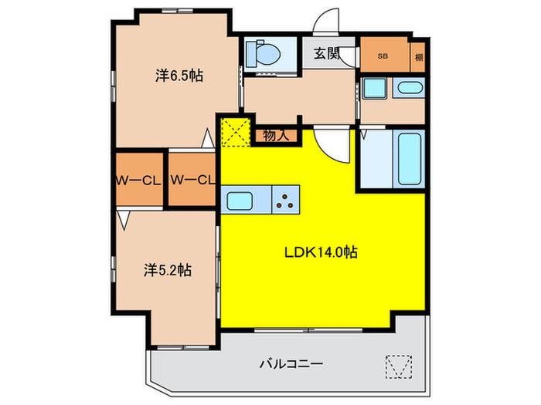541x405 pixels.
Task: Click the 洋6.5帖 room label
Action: click(179, 76)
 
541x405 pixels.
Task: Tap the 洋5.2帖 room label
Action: click(168, 270)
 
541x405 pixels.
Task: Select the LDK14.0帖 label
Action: click(321, 252)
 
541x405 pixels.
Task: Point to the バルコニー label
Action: click(291, 363)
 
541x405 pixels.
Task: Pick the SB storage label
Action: click(383, 56)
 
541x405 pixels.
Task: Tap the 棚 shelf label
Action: click(419, 58)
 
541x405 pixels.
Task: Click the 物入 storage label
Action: click(276, 136)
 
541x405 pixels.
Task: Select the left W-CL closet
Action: click(139, 180)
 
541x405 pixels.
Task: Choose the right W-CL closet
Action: click(192, 180)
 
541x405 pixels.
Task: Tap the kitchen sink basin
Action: click(240, 201)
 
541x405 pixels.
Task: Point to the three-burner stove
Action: click(285, 201)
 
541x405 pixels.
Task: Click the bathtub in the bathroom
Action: click(410, 159)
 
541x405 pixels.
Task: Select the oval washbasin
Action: click(410, 87)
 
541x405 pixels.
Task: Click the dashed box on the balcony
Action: click(399, 366)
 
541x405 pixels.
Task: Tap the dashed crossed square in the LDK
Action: click(236, 133)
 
